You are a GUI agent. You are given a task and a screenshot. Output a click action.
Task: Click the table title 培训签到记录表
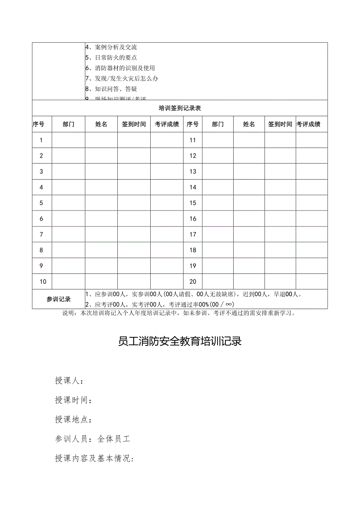point(180,108)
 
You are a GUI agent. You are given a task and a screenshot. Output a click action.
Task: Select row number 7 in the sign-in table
point(41,234)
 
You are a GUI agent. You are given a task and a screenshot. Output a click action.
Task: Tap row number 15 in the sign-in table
point(193,203)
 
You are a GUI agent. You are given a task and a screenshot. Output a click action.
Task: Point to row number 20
point(193,281)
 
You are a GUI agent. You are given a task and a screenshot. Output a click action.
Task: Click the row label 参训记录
point(58,299)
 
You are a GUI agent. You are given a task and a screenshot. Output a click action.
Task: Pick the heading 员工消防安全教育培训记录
point(180,341)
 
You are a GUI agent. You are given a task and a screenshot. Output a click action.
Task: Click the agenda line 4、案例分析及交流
point(111,47)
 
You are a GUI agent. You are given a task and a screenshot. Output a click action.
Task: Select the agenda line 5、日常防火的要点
point(111,58)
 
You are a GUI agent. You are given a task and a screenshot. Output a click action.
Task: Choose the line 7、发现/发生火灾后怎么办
point(122,79)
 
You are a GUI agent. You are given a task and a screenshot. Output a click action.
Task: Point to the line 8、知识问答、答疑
point(111,89)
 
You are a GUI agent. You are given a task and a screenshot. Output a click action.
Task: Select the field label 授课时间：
point(74,400)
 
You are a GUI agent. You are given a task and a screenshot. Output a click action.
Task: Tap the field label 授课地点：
point(74,419)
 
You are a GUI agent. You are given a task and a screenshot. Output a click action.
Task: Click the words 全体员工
point(113,439)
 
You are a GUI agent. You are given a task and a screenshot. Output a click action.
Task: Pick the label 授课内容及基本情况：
point(95,459)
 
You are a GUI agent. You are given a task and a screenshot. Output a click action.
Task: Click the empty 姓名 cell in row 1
point(101,140)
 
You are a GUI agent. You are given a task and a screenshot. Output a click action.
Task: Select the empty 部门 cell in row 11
point(218,140)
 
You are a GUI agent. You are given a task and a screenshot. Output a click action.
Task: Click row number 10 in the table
point(43,281)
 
